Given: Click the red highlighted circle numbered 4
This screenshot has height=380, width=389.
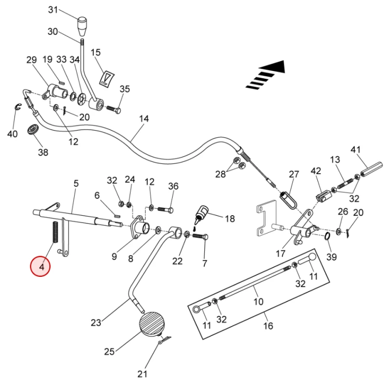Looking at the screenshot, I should [40, 266].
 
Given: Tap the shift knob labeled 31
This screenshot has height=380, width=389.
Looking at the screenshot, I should [82, 24].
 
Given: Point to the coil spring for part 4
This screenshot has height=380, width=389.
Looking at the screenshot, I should [54, 231].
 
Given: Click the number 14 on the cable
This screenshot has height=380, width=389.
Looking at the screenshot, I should [144, 119].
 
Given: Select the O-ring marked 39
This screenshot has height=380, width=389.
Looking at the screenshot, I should [327, 236].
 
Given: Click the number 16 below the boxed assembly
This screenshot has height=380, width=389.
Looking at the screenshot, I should [268, 326].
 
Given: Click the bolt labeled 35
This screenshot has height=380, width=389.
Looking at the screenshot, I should [114, 110].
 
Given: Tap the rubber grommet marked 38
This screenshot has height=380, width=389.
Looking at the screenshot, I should [34, 129].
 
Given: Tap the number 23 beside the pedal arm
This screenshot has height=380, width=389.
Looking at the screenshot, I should [95, 322].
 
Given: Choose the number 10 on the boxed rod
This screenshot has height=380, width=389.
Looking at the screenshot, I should [258, 301].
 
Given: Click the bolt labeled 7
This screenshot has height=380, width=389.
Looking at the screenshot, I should [200, 237].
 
